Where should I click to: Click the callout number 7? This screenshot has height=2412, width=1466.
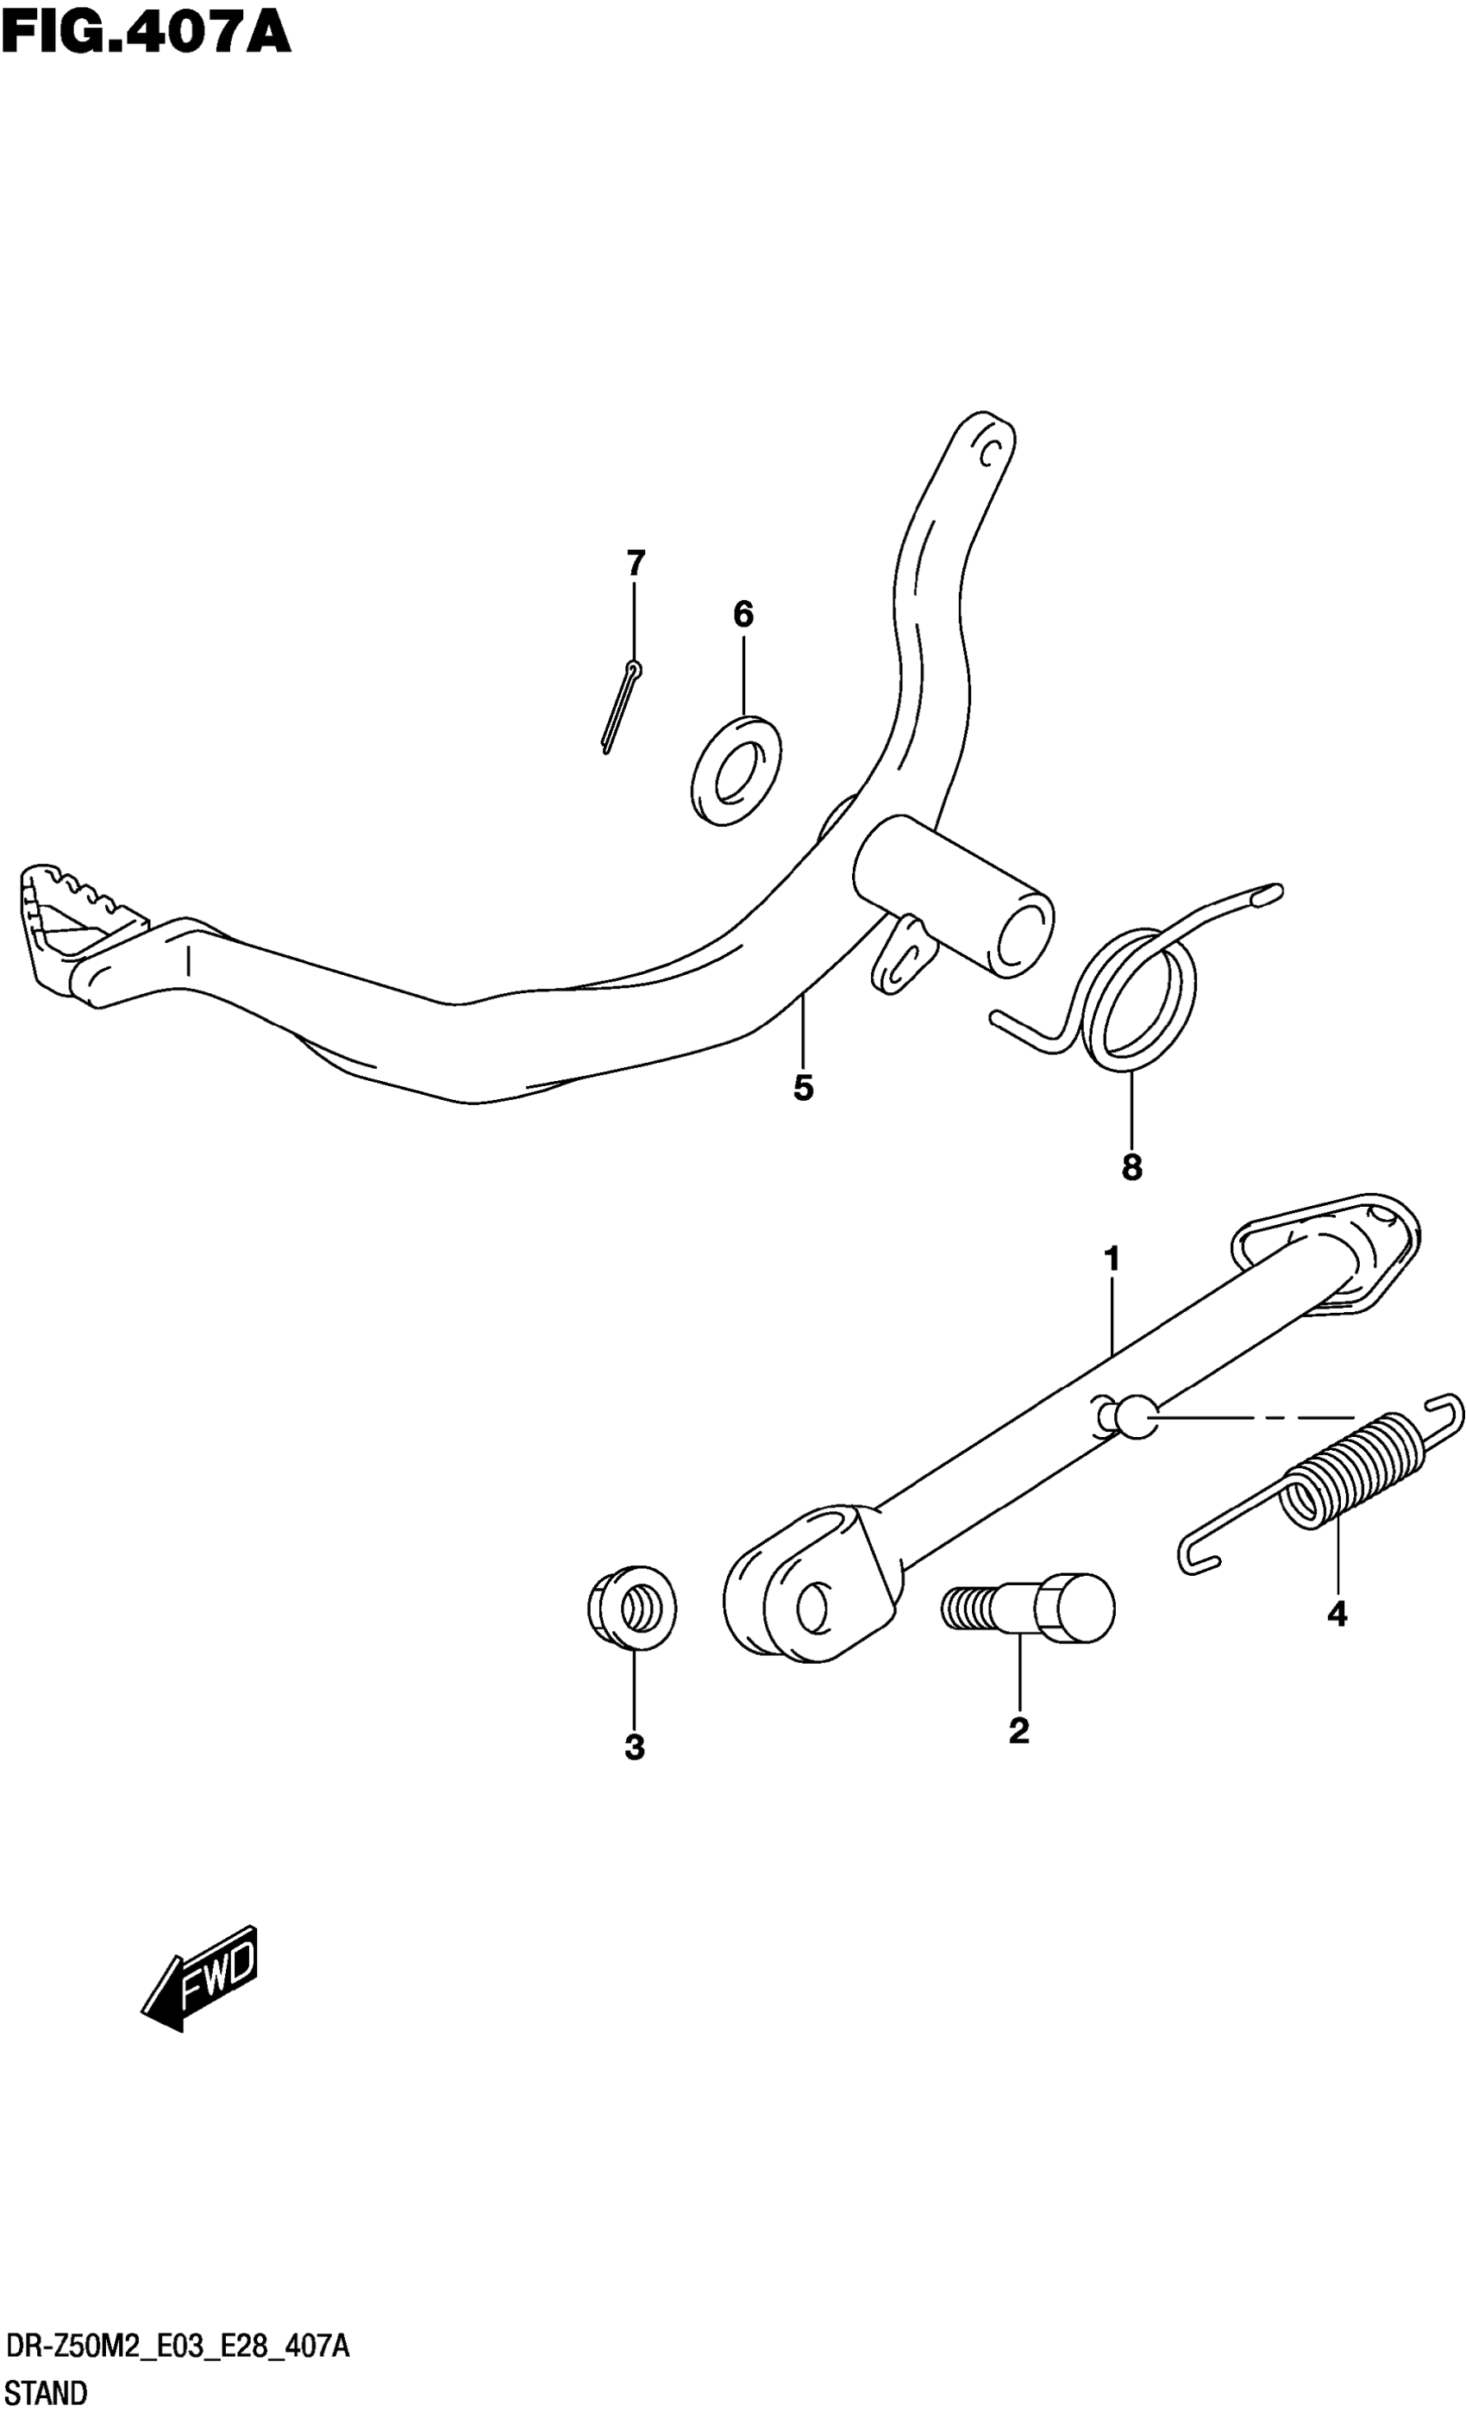[x=636, y=564]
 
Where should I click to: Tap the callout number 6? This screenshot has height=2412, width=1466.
[x=743, y=615]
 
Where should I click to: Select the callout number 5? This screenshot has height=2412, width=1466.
[x=803, y=1088]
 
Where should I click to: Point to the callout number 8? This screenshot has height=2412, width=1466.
[x=1131, y=1167]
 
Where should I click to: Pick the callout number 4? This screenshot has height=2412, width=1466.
[x=1337, y=1613]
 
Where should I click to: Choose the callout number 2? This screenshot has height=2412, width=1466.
[x=1018, y=1731]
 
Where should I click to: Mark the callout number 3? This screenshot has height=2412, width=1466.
[x=635, y=1747]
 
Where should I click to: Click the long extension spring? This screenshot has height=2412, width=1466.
[x=1331, y=1479]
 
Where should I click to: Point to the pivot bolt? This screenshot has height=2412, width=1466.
[x=1028, y=1608]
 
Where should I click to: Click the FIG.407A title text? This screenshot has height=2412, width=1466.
[x=147, y=31]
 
